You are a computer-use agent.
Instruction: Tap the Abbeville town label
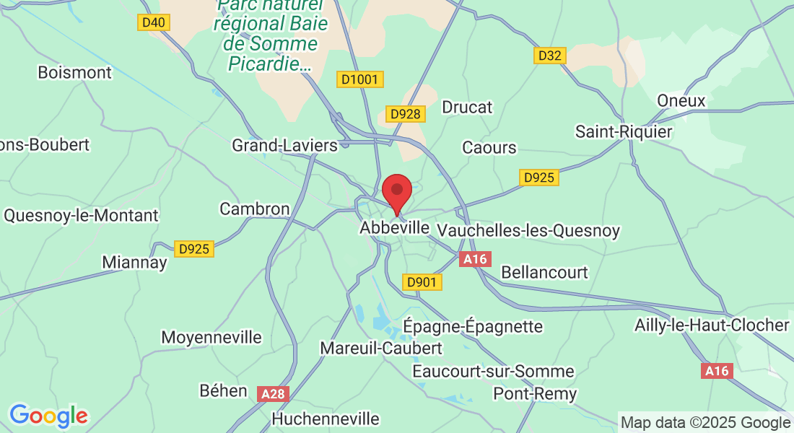[394, 228]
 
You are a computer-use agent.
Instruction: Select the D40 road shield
[154, 22]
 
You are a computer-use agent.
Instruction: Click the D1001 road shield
[359, 79]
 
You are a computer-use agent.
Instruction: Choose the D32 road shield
[550, 56]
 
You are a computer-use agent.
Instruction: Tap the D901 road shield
[422, 282]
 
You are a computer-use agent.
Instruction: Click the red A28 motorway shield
[273, 393]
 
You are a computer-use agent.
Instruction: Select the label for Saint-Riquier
[624, 131]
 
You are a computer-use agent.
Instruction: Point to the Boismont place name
[75, 72]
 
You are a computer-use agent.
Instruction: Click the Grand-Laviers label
[284, 146]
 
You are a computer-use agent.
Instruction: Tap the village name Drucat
[467, 107]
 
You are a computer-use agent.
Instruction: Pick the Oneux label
[681, 100]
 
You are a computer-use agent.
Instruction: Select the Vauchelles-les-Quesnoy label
[529, 231]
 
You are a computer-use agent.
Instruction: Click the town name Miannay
[134, 262]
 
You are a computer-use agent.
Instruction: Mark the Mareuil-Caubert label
[381, 348]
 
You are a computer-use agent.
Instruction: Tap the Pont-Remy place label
[535, 393]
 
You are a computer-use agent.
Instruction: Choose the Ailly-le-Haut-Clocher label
[712, 325]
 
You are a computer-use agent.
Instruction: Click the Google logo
[48, 416]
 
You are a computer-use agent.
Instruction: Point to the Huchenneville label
[326, 419]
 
